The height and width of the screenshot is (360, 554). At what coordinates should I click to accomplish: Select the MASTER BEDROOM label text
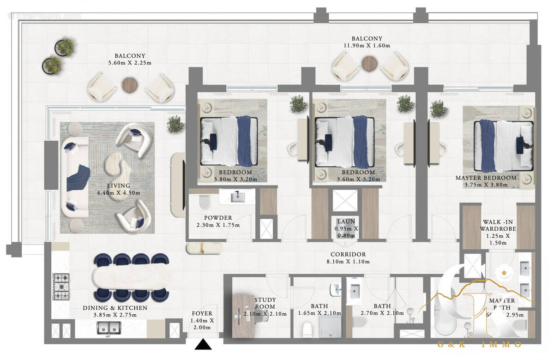(x=486, y=178)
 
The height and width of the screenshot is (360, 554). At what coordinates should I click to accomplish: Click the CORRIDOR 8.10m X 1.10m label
(x=348, y=254)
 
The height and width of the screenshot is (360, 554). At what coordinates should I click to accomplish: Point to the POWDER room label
(x=218, y=218)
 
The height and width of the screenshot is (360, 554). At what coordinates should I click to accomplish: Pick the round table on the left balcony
(x=130, y=85)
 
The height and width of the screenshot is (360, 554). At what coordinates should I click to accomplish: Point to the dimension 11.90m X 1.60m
(x=367, y=46)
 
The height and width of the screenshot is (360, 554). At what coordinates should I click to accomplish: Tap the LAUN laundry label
(x=346, y=222)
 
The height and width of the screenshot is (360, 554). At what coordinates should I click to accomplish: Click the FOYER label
(x=202, y=314)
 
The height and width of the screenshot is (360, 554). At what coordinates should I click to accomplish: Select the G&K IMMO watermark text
(x=480, y=344)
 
